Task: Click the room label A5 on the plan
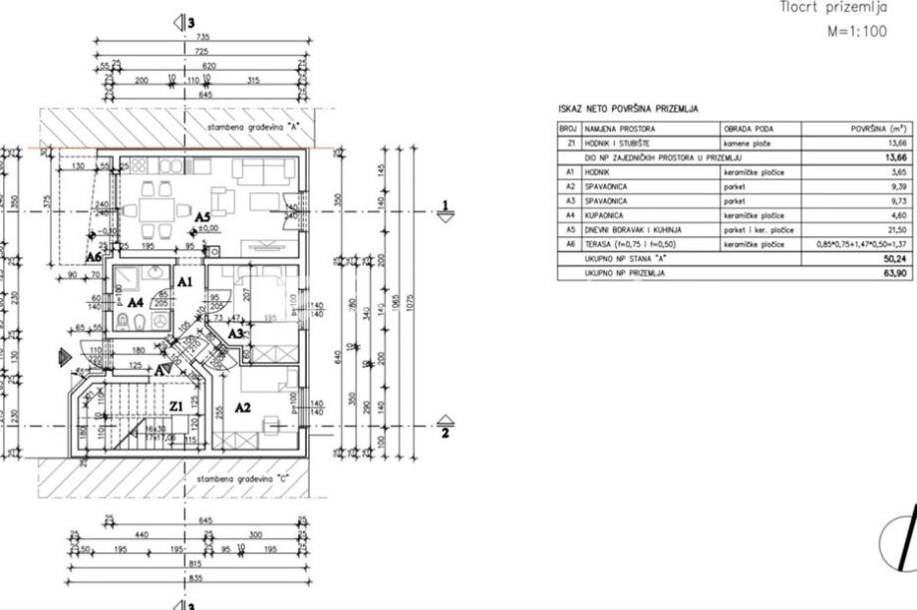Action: point(202,216)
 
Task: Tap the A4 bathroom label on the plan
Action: point(137,301)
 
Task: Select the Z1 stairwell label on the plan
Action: point(175,406)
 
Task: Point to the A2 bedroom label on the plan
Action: point(242,407)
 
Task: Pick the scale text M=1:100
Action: point(856,31)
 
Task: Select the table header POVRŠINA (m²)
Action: point(878,130)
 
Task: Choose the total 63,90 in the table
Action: point(893,271)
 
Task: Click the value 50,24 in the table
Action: point(893,257)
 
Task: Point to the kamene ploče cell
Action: point(749,144)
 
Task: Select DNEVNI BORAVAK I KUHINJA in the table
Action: point(633,228)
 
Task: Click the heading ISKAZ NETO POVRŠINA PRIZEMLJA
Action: point(627,109)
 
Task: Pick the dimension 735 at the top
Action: point(202,37)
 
